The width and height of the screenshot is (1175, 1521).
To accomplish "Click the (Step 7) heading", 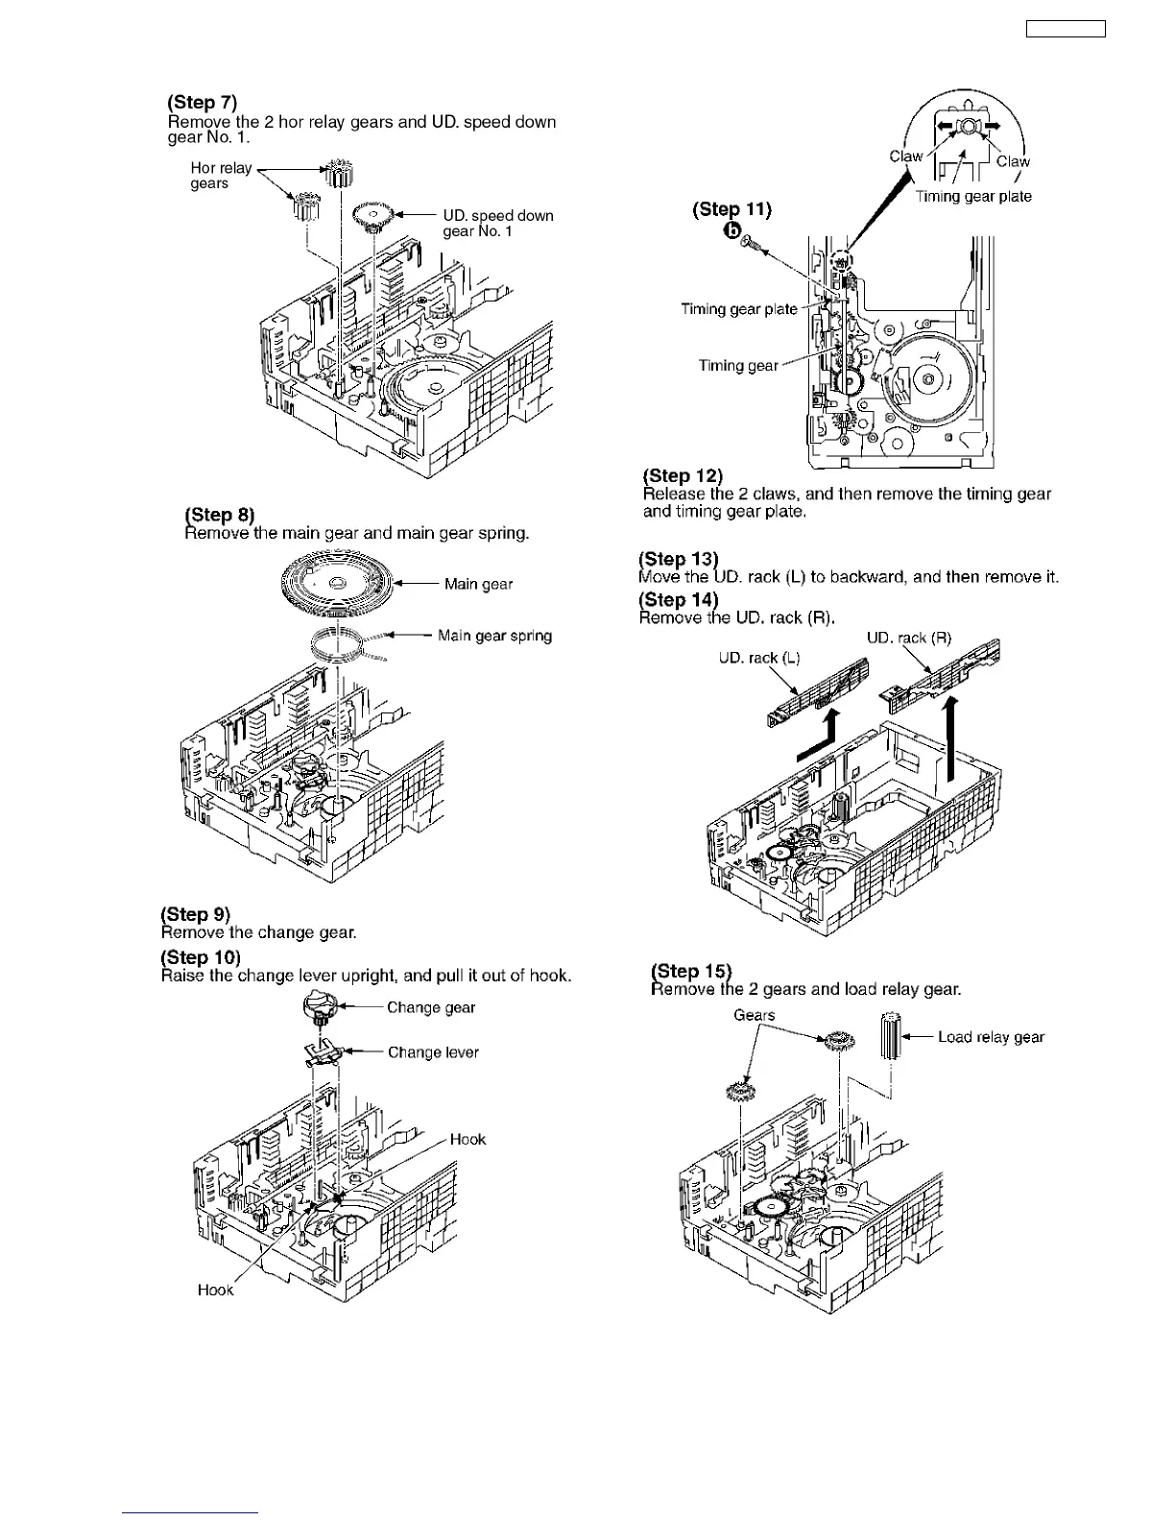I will [x=202, y=103].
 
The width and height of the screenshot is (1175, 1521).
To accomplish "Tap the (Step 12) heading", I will [x=683, y=476].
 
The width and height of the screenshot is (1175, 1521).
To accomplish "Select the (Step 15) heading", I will [x=691, y=971].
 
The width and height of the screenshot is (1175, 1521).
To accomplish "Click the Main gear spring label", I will [x=494, y=636].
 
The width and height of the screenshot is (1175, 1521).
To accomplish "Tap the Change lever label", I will [x=433, y=1052].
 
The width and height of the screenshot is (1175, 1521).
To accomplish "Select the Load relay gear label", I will [x=991, y=1037].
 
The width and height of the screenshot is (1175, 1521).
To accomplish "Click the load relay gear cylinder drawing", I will [x=892, y=1035].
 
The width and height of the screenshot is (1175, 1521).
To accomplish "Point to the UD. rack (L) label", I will [x=758, y=658].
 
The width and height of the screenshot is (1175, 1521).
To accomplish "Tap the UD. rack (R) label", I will [x=908, y=638].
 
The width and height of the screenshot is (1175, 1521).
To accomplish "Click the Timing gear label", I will [x=738, y=366].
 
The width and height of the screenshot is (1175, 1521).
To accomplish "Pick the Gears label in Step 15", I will [x=754, y=1015].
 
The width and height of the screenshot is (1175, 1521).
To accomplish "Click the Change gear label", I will [x=431, y=1007].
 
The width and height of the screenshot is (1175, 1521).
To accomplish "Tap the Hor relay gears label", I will [x=221, y=176].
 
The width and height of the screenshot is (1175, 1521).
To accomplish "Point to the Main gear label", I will [x=478, y=584].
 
